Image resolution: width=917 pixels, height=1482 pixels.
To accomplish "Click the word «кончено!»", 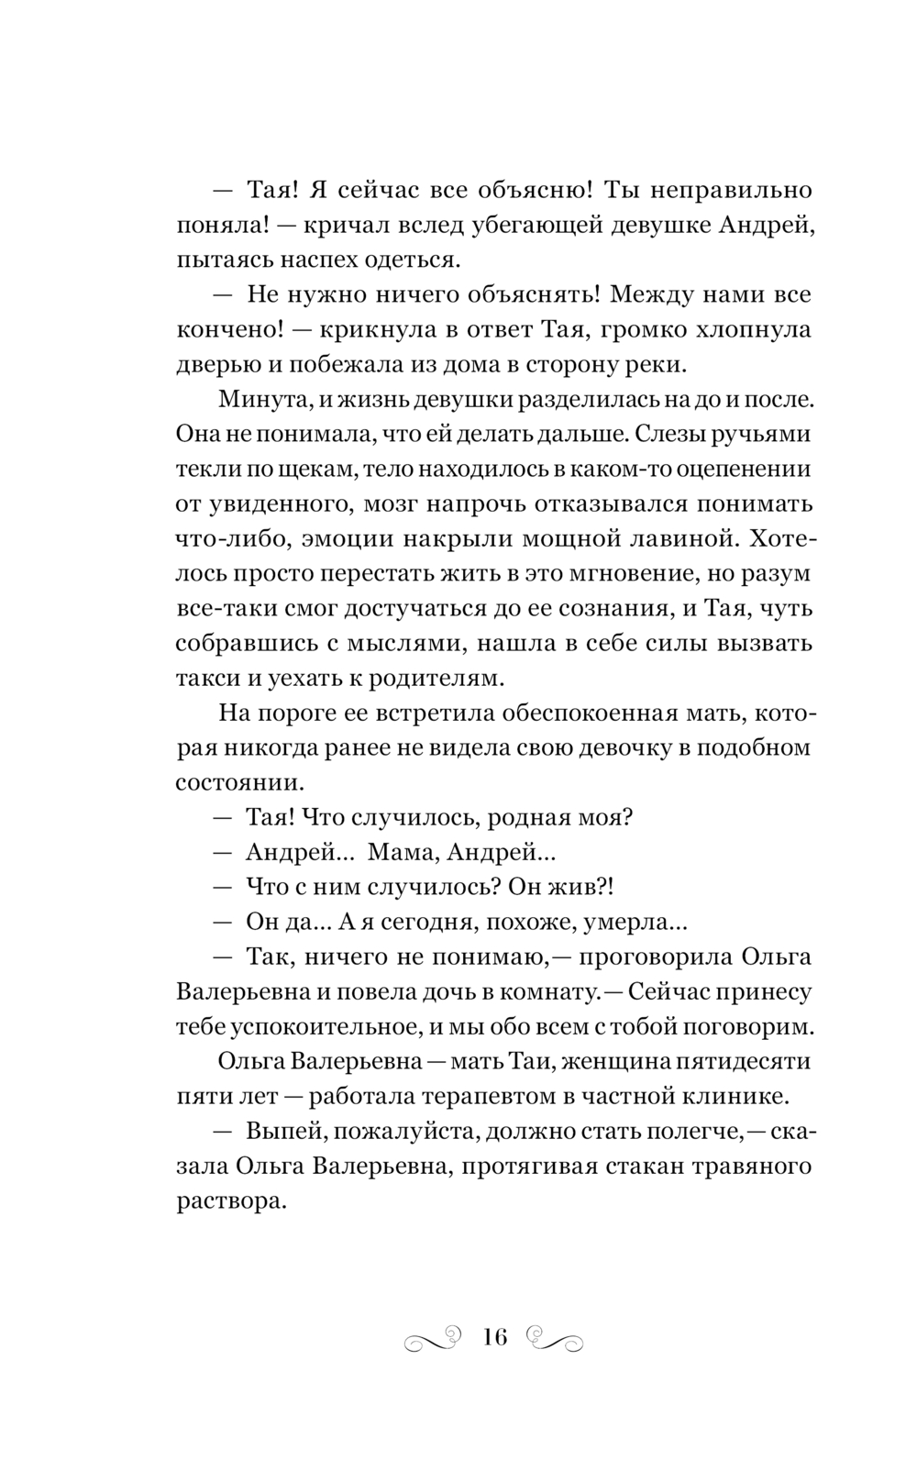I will (x=222, y=329).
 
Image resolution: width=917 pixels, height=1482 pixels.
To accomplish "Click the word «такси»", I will (x=206, y=678).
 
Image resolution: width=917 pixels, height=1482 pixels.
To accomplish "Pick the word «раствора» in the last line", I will (x=230, y=1200).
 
